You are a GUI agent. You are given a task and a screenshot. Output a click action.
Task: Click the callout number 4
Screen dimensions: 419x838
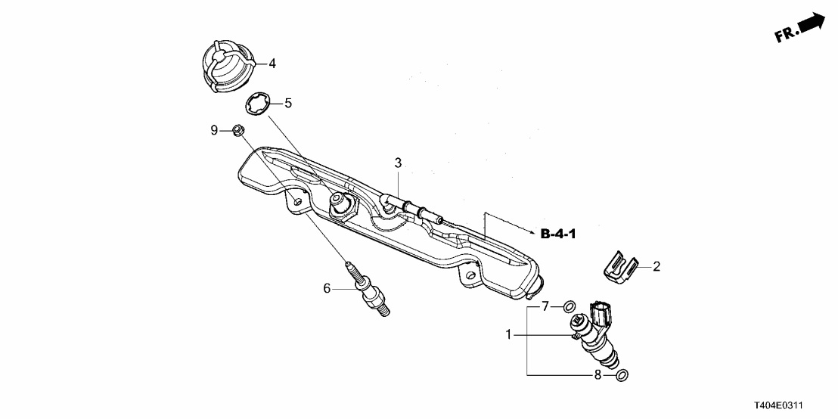click(x=272, y=64)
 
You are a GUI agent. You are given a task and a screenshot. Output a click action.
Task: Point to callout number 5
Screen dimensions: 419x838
click(x=287, y=103)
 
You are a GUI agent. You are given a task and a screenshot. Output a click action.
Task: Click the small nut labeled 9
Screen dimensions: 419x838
click(x=237, y=130)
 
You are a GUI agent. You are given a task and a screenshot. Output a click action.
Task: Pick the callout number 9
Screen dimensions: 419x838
click(x=214, y=130)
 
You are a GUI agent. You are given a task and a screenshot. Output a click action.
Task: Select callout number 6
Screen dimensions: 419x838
click(x=327, y=287)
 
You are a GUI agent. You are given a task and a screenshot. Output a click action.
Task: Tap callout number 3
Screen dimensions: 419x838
click(x=398, y=162)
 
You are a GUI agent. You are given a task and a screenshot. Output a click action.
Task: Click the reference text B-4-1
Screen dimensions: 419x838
click(x=558, y=234)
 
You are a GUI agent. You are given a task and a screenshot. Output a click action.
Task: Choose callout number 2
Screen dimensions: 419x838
click(x=656, y=266)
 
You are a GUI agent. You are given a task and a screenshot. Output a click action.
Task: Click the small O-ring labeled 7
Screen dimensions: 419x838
click(x=568, y=306)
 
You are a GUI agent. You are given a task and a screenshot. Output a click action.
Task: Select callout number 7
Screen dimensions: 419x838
click(x=545, y=306)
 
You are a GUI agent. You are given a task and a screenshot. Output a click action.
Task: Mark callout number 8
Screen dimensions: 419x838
click(x=597, y=374)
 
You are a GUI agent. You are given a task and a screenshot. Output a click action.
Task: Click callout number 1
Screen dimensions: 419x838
click(x=509, y=334)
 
